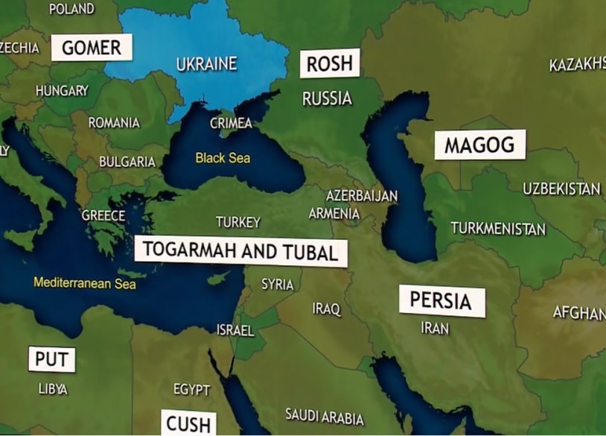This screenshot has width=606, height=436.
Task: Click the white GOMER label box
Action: (91, 48)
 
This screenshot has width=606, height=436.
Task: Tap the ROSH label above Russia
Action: (329, 63)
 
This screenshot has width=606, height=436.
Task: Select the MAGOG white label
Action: (479, 145)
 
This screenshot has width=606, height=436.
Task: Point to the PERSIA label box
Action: (441, 301)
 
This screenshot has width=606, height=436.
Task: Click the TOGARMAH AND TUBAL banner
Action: (240, 250)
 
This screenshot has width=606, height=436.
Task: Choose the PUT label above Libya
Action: (51, 360)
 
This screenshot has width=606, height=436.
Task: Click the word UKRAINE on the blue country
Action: (206, 64)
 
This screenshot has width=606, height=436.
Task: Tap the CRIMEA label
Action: (231, 123)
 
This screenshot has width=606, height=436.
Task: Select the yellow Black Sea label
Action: (223, 158)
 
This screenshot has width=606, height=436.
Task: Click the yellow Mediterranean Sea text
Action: (85, 283)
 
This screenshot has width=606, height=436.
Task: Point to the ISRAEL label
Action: (235, 329)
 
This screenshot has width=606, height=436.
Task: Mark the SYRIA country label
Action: (277, 285)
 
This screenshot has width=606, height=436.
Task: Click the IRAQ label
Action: (326, 309)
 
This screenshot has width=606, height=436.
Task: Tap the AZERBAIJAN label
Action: (362, 196)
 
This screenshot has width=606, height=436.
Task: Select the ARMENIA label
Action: (334, 214)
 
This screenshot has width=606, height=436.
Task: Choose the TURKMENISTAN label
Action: (498, 228)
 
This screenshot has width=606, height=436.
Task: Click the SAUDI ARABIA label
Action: (325, 417)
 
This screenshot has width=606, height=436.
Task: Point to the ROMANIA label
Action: (114, 122)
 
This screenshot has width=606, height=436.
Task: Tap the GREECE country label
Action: (103, 215)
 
